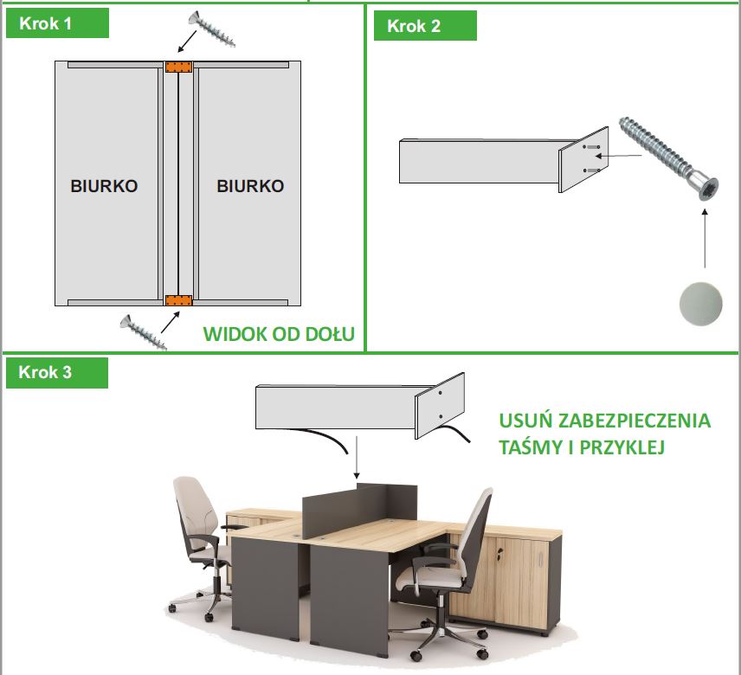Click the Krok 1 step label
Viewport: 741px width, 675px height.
point(45,23)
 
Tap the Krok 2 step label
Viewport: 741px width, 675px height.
point(414,26)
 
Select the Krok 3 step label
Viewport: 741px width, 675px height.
point(45,372)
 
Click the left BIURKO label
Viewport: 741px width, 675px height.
point(104,186)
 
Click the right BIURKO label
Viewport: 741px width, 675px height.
point(250,186)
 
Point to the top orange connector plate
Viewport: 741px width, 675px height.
point(178,67)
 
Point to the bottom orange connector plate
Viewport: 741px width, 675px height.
point(178,301)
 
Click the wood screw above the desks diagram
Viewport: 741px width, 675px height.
point(211,29)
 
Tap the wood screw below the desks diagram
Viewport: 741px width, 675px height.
point(143,332)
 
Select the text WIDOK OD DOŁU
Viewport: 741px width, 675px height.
point(279,334)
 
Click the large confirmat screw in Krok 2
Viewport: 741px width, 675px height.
point(668,158)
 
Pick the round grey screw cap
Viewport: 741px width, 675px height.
point(701,304)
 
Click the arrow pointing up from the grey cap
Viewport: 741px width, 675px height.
point(705,239)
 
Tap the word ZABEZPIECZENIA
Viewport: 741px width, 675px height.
point(635,421)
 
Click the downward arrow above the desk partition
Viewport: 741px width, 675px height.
point(357,458)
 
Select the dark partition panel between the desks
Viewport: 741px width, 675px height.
point(359,509)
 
